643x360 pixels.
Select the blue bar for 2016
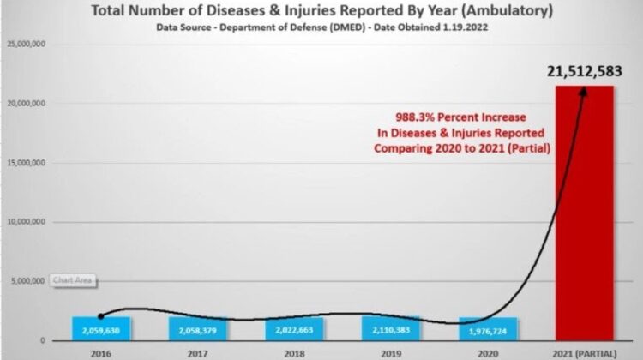click(x=101, y=328)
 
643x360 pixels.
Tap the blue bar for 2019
click(x=390, y=328)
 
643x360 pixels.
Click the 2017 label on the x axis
click(x=198, y=351)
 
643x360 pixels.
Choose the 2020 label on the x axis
click(x=488, y=351)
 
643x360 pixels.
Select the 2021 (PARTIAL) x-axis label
click(x=584, y=351)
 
